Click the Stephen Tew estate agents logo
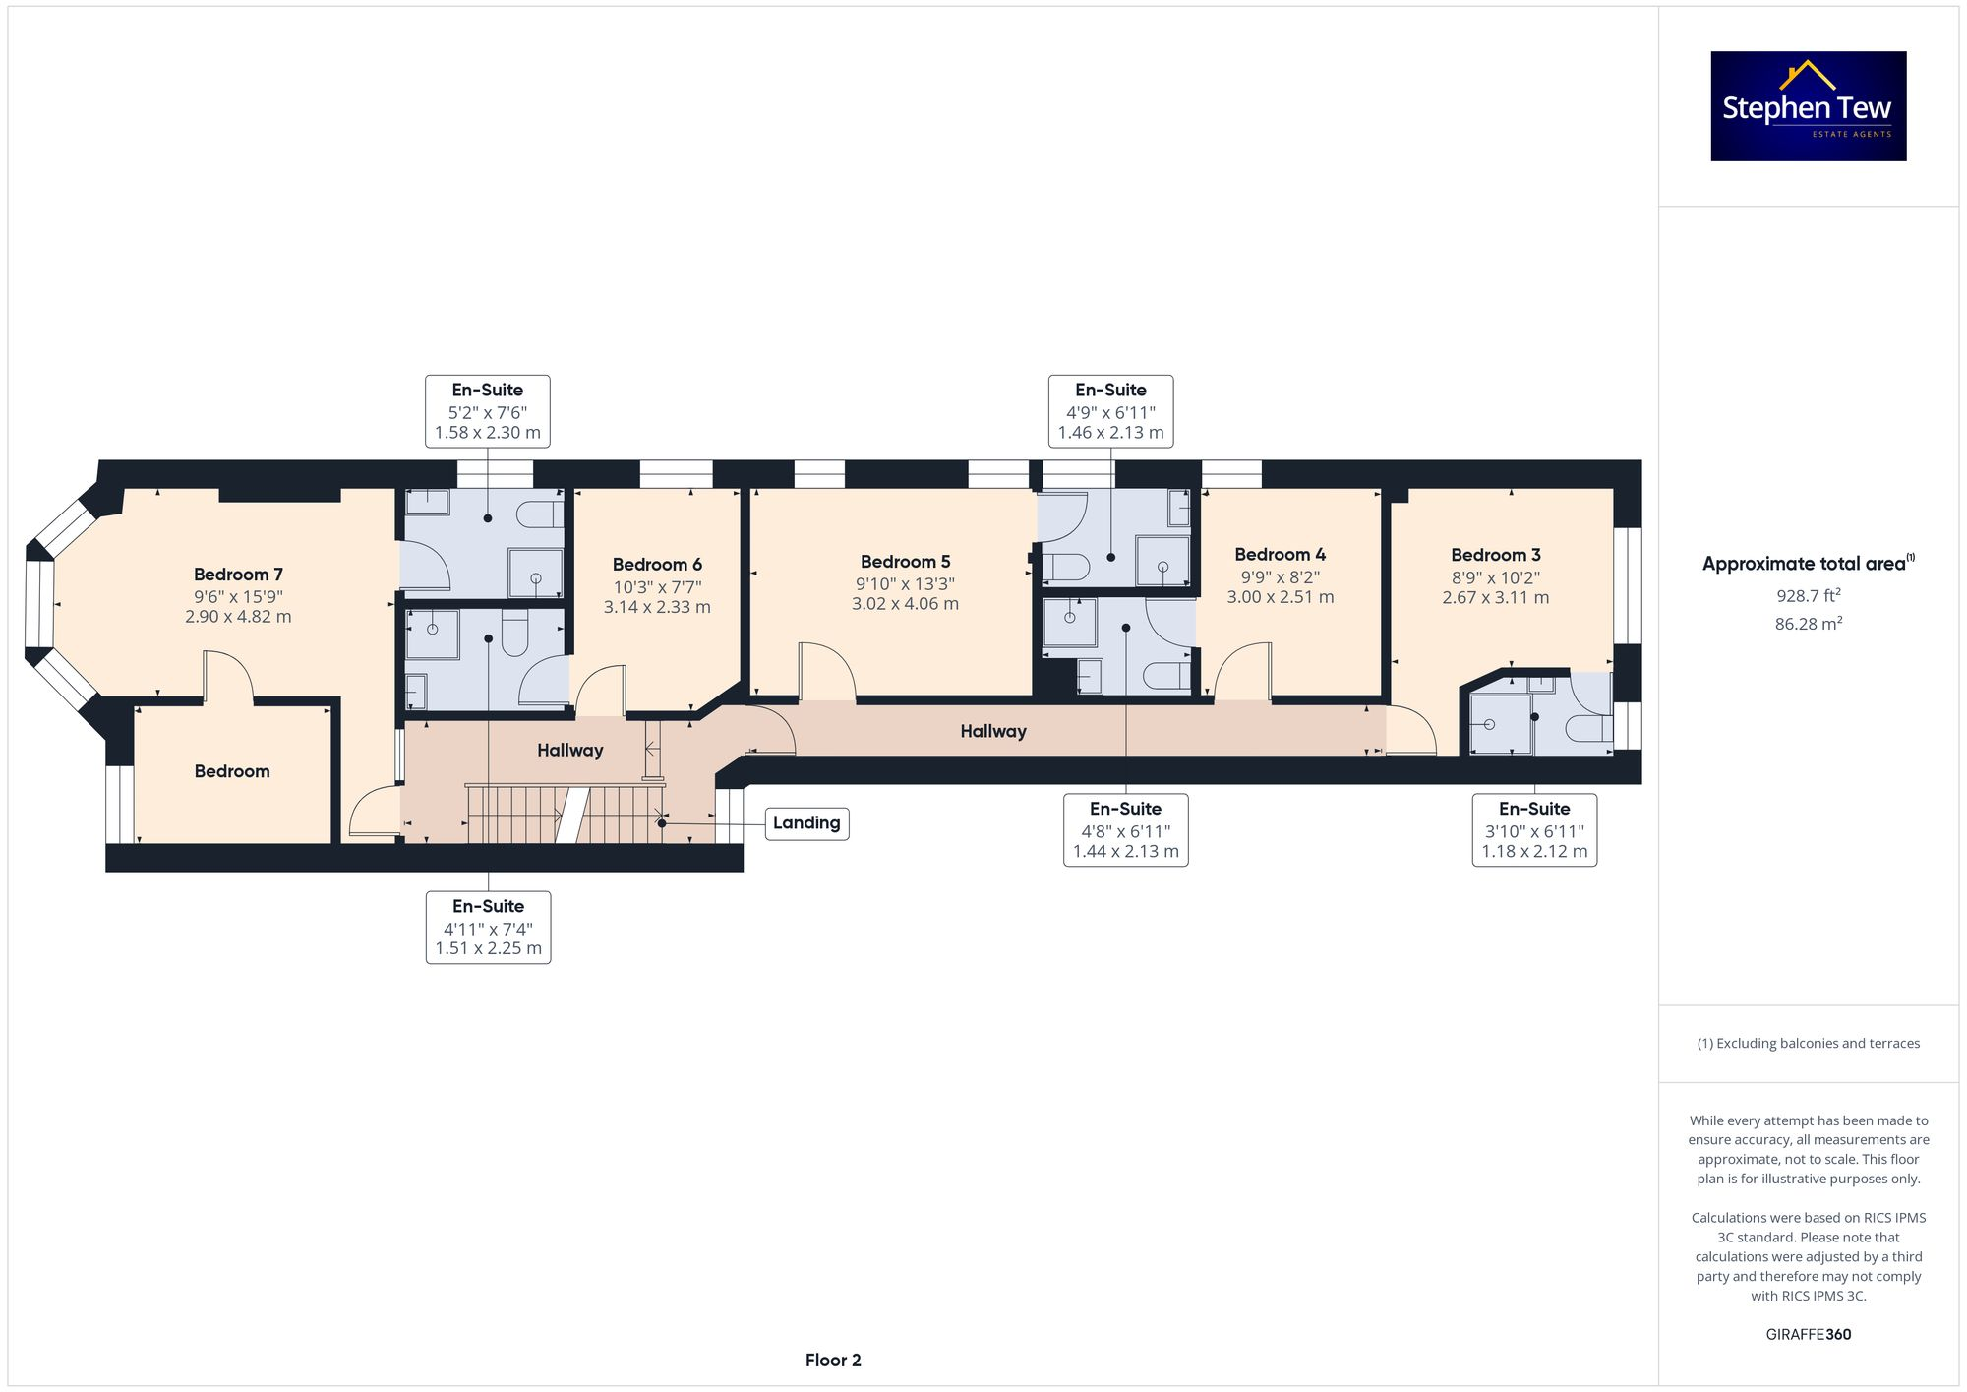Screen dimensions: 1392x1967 [1808, 106]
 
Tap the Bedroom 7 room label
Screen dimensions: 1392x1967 [238, 575]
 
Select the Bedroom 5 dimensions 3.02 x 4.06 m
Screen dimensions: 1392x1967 [905, 604]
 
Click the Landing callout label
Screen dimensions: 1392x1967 [806, 823]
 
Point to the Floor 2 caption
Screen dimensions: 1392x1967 [832, 1360]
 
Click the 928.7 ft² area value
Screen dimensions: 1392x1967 [1808, 595]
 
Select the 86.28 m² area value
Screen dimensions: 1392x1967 [1808, 623]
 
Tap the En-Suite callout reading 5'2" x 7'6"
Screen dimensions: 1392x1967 [487, 411]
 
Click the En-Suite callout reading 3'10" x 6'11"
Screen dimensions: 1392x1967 [1534, 830]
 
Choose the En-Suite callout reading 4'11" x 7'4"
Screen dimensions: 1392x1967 [488, 928]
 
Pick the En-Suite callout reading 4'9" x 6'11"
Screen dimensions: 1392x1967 [1110, 411]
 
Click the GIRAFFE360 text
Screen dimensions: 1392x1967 [1808, 1334]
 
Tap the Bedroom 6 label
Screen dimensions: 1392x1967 [657, 565]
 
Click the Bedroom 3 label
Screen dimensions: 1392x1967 [1495, 555]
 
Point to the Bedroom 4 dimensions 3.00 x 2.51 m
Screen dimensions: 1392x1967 [1280, 597]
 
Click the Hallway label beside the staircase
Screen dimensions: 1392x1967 [569, 751]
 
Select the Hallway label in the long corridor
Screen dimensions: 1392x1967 [992, 731]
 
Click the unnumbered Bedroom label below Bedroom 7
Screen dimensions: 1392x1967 [231, 771]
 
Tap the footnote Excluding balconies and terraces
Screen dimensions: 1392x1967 [1808, 1043]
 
